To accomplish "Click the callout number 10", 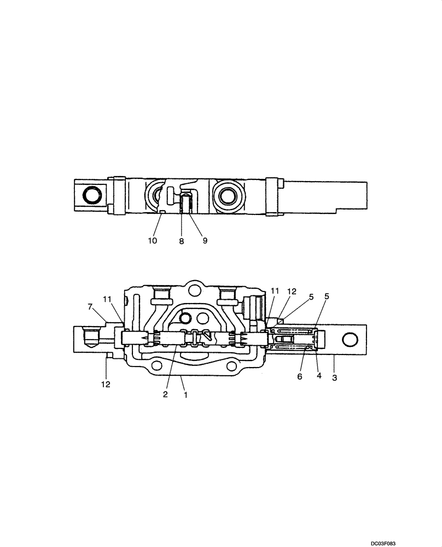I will (152, 240).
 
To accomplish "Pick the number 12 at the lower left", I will (105, 384).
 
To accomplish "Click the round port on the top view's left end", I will (91, 195).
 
